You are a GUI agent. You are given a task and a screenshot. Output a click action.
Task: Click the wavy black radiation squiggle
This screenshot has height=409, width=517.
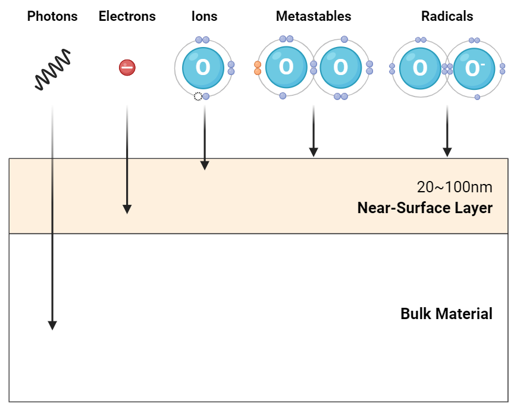pyautogui.click(x=53, y=71)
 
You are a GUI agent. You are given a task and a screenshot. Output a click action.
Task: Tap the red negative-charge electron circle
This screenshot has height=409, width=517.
pyautogui.click(x=127, y=67)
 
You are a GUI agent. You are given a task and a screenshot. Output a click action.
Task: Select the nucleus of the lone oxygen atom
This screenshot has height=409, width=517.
pyautogui.click(x=203, y=67)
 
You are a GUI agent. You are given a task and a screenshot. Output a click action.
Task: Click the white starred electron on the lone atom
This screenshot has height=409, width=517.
pyautogui.click(x=198, y=96)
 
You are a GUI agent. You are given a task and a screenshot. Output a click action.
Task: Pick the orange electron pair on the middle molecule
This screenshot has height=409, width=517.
pyautogui.click(x=258, y=67)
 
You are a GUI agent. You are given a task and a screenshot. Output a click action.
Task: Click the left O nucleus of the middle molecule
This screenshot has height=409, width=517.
pyautogui.click(x=286, y=67)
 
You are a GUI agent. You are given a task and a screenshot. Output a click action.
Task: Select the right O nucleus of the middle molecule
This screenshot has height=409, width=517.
pyautogui.click(x=340, y=67)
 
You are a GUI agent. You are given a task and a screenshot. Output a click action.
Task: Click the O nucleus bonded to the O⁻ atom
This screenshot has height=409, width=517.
pyautogui.click(x=420, y=68)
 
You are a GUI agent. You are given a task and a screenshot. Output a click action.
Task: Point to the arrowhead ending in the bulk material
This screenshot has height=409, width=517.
pyautogui.click(x=52, y=324)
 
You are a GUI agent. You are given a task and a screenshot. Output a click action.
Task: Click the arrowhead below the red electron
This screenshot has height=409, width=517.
pyautogui.click(x=127, y=208)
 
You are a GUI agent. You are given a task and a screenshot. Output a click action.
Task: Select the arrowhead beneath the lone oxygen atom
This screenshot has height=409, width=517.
pyautogui.click(x=204, y=165)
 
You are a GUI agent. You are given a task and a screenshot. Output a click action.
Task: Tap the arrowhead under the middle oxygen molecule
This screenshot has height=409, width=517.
pyautogui.click(x=313, y=152)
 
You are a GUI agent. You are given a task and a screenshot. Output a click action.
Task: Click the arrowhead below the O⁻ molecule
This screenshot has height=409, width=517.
pyautogui.click(x=447, y=152)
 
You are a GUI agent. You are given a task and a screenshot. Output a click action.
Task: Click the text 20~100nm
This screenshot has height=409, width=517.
pyautogui.click(x=455, y=187)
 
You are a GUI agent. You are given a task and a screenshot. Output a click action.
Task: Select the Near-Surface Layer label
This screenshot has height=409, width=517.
pyautogui.click(x=425, y=208)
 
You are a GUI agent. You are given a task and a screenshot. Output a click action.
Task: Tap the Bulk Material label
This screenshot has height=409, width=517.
pyautogui.click(x=446, y=314)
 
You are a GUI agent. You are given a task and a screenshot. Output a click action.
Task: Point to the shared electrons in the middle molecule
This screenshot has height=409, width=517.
pyautogui.click(x=314, y=67)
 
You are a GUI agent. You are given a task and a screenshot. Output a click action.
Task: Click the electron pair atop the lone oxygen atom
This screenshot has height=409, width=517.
pyautogui.click(x=202, y=40)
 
